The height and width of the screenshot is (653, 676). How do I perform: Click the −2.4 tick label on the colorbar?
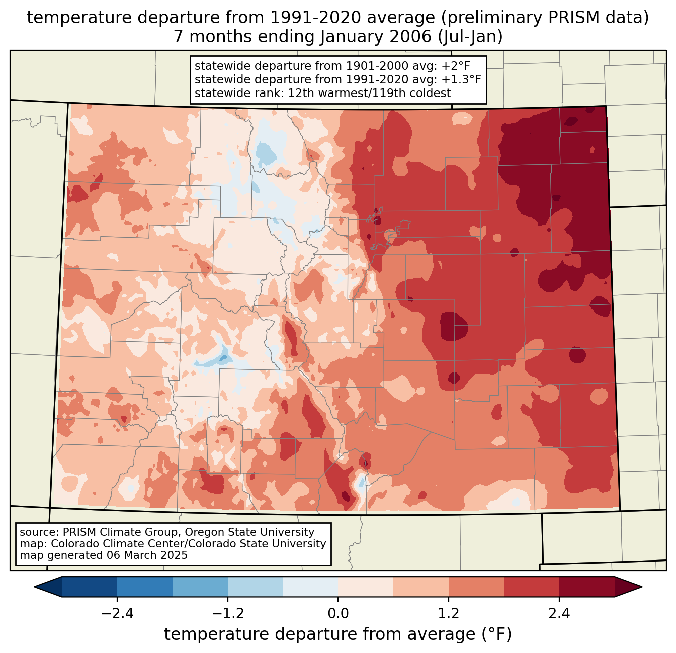click(x=117, y=614)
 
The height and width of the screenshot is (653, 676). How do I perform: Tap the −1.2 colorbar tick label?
click(x=227, y=614)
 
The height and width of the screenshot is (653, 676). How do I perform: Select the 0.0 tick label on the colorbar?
click(x=338, y=614)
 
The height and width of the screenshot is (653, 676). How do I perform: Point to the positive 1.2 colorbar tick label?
click(x=449, y=614)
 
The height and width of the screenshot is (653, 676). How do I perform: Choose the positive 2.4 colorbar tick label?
click(x=559, y=614)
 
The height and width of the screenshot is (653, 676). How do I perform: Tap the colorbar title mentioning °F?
click(x=338, y=634)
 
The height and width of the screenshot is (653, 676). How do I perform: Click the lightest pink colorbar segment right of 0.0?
click(x=366, y=587)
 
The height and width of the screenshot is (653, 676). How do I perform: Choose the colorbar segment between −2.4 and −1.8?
click(x=145, y=587)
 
